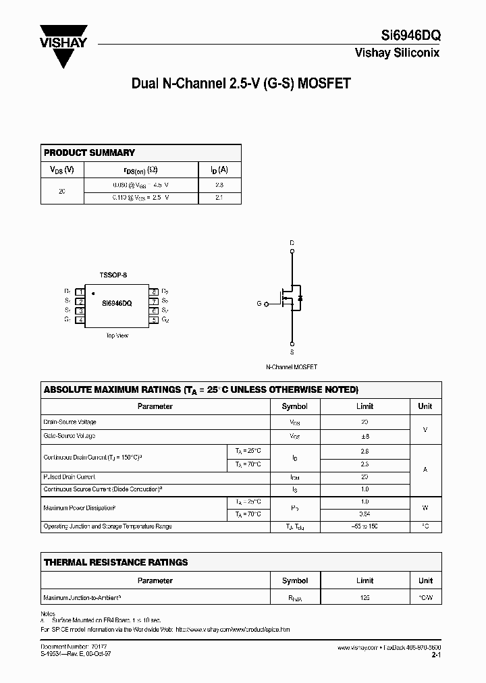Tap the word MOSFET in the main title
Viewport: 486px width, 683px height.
[x=325, y=84]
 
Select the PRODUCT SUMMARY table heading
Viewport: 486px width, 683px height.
[x=89, y=153]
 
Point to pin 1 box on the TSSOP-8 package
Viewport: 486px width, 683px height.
[x=80, y=292]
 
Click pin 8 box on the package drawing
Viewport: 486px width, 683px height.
[x=155, y=292]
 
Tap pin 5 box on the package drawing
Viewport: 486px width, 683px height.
[x=155, y=320]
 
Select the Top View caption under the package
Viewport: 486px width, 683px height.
[x=117, y=335]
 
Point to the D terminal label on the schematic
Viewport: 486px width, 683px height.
[x=292, y=242]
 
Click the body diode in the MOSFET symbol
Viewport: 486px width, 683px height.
[x=300, y=298]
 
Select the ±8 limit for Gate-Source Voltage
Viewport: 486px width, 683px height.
[x=364, y=437]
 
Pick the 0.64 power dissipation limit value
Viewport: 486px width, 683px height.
[x=364, y=515]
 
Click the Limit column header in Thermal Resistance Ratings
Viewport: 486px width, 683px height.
[x=364, y=580]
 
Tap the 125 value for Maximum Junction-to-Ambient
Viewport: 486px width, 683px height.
[x=364, y=598]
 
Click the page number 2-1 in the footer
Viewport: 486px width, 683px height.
[x=435, y=655]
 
